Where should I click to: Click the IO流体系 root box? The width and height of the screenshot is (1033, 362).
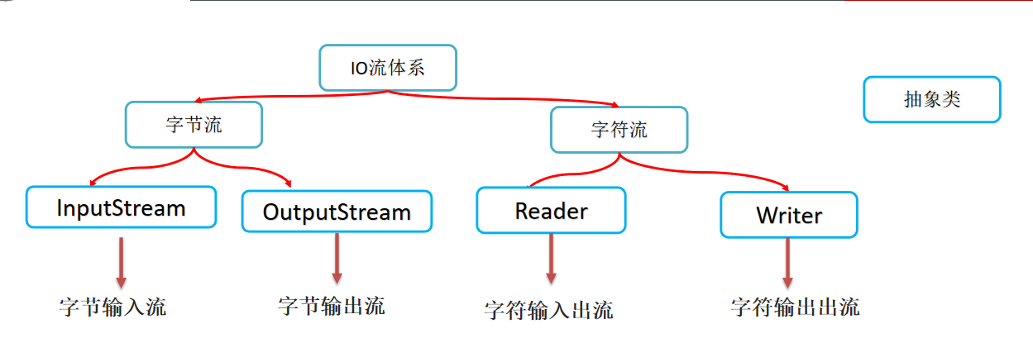[387, 67]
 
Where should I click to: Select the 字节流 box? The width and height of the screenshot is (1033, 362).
[194, 125]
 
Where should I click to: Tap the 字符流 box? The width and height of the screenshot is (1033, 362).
[619, 130]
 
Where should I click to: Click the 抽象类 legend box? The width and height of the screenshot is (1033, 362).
[931, 99]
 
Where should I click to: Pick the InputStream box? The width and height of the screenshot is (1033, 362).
[121, 207]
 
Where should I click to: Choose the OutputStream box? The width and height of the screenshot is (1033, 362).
[337, 212]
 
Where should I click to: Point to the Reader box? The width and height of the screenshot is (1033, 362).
[551, 211]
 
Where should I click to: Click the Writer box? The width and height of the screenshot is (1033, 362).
[788, 215]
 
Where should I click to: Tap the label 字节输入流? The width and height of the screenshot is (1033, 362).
[113, 307]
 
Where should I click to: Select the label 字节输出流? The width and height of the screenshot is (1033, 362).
[331, 306]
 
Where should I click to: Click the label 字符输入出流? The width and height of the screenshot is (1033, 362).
[548, 310]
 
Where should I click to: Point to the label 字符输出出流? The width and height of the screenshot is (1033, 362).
[795, 307]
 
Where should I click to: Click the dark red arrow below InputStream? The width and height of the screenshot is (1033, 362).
[121, 261]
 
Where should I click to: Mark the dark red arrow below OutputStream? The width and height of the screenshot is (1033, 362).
[337, 258]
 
